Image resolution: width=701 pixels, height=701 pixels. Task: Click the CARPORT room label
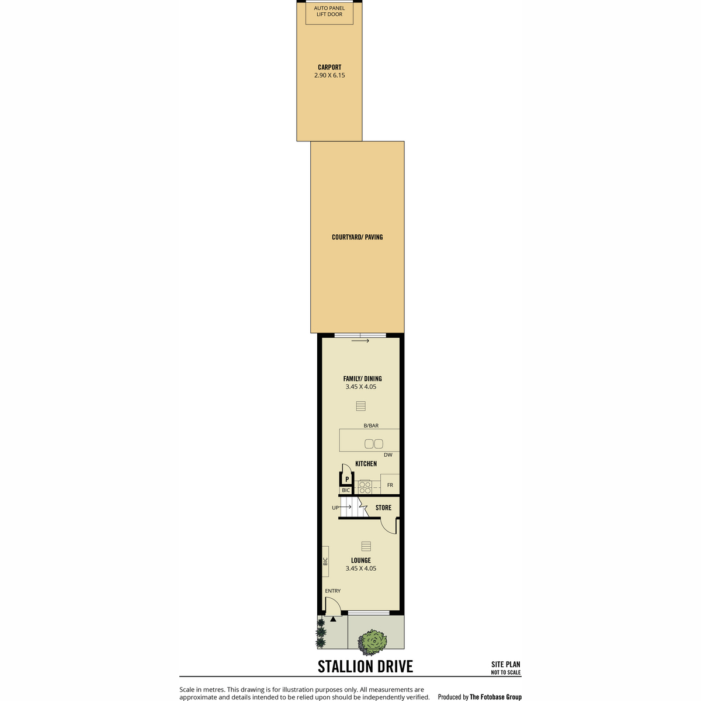point(329,67)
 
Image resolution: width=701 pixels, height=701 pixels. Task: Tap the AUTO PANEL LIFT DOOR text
point(329,11)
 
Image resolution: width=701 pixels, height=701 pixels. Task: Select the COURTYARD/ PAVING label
point(357,237)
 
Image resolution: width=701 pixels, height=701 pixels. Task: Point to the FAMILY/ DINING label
point(362,379)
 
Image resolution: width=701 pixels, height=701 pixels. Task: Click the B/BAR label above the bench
point(371,426)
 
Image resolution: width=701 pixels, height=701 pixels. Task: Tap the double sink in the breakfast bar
point(374,444)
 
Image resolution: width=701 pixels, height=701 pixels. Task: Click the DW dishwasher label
point(388,454)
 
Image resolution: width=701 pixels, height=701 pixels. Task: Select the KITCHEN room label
point(366,464)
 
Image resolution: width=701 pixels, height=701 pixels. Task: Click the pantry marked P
point(347,479)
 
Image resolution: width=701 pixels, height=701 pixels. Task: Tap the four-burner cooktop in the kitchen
point(365,487)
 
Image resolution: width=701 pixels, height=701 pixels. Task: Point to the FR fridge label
point(390,485)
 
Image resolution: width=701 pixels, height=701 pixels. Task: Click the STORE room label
point(383,508)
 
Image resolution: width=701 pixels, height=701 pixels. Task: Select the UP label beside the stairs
point(335,508)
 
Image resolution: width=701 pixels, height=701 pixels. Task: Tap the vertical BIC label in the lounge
point(325,561)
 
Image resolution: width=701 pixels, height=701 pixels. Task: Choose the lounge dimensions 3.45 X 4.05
point(361,568)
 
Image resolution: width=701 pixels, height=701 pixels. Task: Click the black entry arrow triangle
point(333,619)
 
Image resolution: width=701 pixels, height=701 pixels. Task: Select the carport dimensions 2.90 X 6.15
point(329,76)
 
